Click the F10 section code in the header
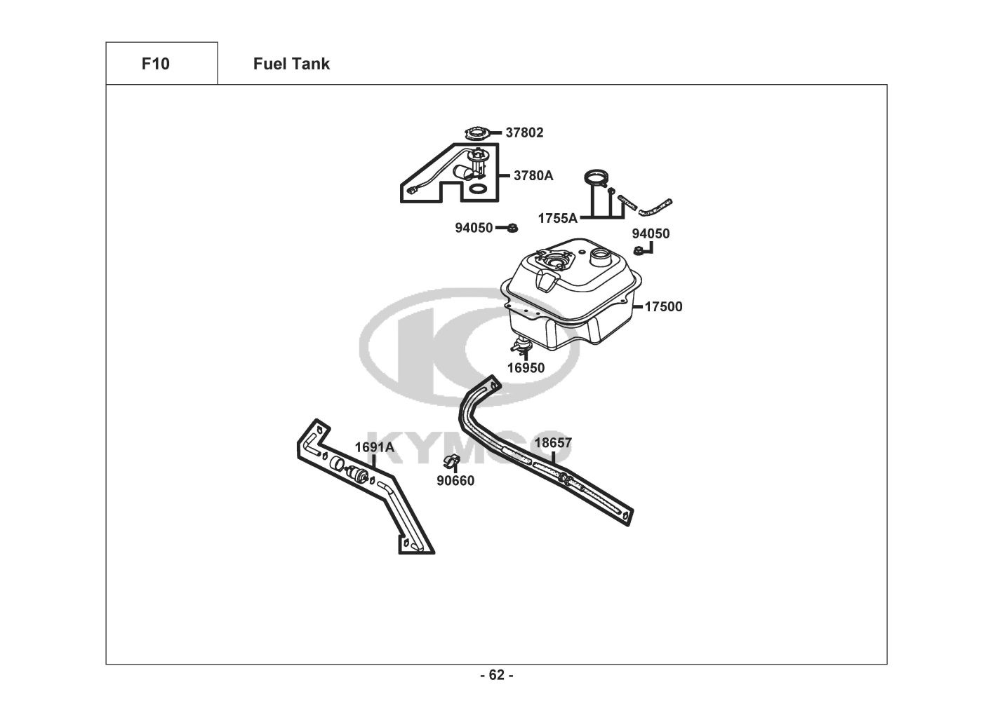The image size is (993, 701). click(155, 64)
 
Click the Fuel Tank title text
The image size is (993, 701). click(291, 64)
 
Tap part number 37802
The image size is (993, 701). click(524, 132)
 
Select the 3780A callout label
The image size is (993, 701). click(533, 175)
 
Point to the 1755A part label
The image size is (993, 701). click(557, 218)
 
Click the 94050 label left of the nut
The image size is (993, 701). click(474, 228)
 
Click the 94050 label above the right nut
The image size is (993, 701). click(651, 233)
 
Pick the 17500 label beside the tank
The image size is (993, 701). click(663, 306)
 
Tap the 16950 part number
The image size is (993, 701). click(526, 368)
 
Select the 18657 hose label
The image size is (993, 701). click(553, 443)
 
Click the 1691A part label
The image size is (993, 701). click(374, 447)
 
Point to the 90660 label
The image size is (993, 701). click(455, 481)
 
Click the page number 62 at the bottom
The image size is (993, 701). click(496, 675)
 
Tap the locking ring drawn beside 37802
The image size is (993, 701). click(479, 132)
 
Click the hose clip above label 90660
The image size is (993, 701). click(452, 462)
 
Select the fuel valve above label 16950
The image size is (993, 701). click(521, 345)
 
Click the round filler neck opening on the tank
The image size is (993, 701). click(602, 256)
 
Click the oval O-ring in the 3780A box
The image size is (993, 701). click(478, 189)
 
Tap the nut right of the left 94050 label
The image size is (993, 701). click(512, 227)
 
